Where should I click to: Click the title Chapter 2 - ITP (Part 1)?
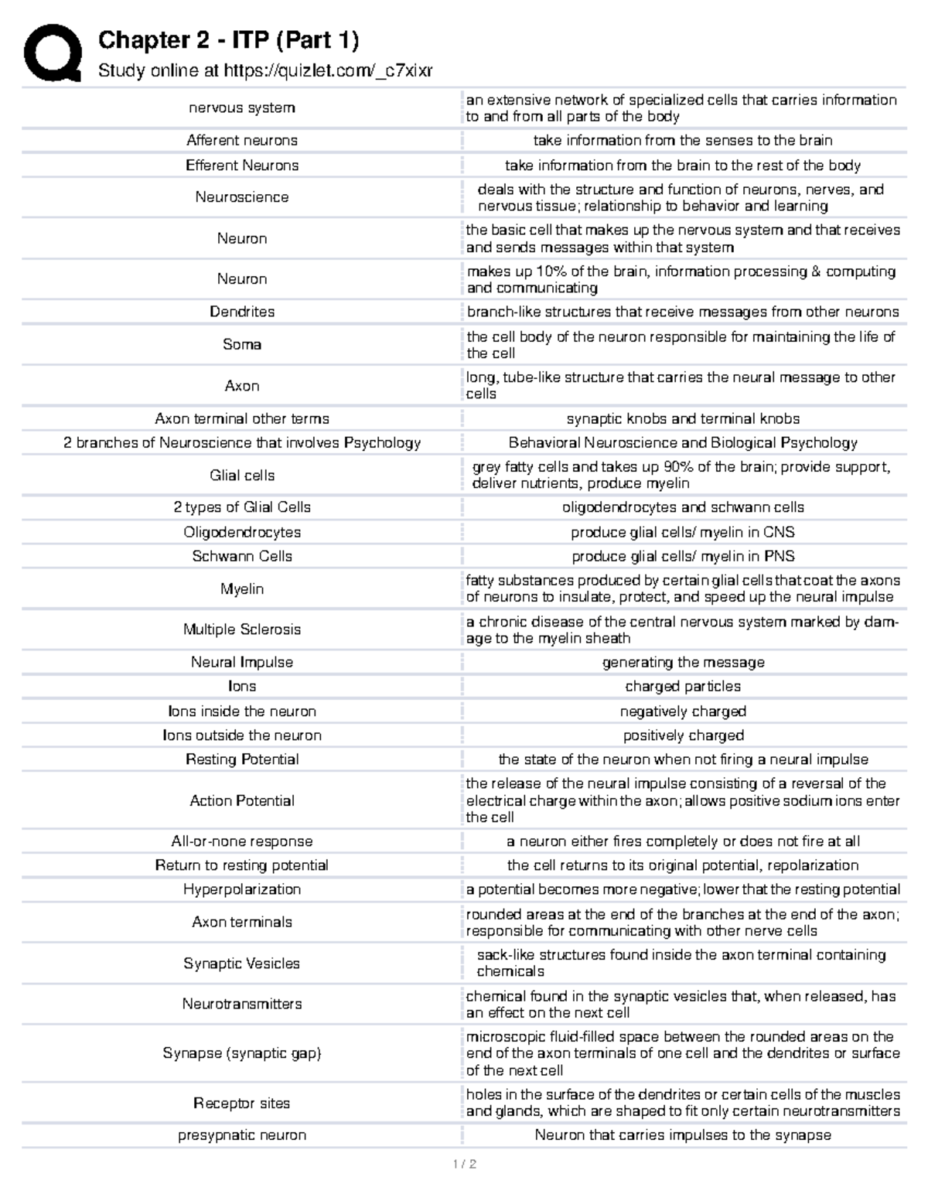228,40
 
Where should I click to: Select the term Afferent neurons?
242,140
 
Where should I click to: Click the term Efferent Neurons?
242,165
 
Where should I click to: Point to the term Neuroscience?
242,197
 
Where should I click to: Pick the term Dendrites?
242,312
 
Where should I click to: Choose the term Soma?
242,344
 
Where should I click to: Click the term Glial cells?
242,475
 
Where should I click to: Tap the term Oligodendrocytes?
242,532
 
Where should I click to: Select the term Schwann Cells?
242,556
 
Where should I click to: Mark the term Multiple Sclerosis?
242,630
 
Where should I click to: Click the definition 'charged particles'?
683,686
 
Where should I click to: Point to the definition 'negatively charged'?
683,711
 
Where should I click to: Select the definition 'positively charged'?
683,735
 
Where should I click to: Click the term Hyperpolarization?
242,889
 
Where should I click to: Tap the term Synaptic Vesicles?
242,963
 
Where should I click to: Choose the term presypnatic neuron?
242,1135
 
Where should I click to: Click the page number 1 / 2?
464,1165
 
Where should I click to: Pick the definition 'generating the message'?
683,662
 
